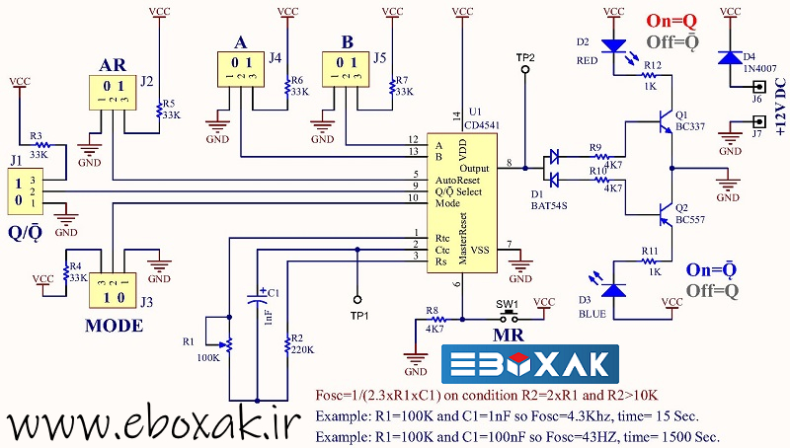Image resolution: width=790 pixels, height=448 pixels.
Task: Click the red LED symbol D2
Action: point(613,45)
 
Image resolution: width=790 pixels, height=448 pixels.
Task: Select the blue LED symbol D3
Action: point(613,288)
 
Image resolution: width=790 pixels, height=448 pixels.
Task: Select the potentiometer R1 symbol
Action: point(225,341)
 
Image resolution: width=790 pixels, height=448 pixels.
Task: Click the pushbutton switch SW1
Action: point(509,318)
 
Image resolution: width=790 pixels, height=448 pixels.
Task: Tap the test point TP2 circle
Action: point(524,72)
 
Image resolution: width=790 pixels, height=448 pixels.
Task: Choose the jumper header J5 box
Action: point(348,70)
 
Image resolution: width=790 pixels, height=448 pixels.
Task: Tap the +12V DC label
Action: point(780,109)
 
